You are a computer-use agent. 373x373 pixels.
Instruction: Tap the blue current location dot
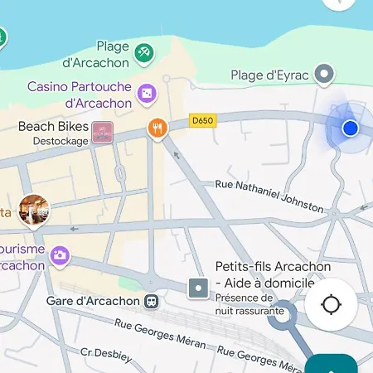350,128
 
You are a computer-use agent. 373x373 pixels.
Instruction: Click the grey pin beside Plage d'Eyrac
327,75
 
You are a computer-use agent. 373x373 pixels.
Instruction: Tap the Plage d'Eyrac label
270,75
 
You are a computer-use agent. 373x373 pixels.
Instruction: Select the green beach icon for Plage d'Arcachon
143,53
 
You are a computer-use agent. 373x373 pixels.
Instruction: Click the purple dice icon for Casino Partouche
147,94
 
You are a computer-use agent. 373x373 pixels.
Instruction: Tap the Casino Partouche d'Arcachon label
80,94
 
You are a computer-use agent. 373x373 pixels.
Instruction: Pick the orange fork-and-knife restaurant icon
157,128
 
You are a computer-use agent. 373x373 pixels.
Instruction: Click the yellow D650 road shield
201,119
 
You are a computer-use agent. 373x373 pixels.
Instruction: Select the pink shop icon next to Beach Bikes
102,132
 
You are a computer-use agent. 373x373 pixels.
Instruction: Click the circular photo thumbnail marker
34,210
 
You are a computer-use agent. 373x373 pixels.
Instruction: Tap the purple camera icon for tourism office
59,254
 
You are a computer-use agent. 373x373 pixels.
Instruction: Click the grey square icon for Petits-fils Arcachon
198,288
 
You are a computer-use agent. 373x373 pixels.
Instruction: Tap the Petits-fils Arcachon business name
273,274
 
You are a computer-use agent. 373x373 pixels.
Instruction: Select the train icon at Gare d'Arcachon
151,301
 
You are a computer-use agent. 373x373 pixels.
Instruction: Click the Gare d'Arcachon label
93,301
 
